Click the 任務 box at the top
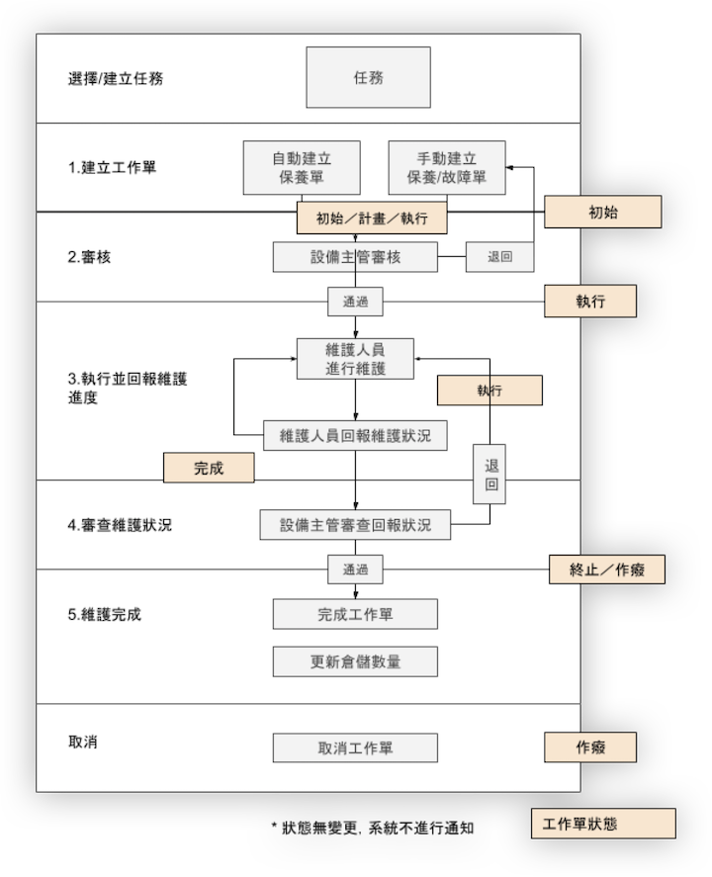(368, 78)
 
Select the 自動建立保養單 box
(302, 167)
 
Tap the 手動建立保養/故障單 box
(446, 167)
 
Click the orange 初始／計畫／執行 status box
(372, 219)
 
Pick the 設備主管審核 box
(355, 257)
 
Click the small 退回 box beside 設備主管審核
(500, 257)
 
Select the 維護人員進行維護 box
(355, 358)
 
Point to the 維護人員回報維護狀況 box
(355, 434)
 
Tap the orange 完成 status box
(209, 468)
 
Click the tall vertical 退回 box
(491, 475)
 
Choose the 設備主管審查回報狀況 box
(355, 524)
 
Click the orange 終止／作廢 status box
(606, 569)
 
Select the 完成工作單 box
(355, 614)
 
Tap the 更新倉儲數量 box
(355, 661)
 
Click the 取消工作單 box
(355, 747)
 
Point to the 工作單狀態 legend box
(602, 824)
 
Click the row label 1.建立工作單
(112, 167)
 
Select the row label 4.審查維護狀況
(120, 524)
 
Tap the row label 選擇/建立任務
(116, 78)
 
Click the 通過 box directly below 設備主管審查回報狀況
(355, 570)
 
